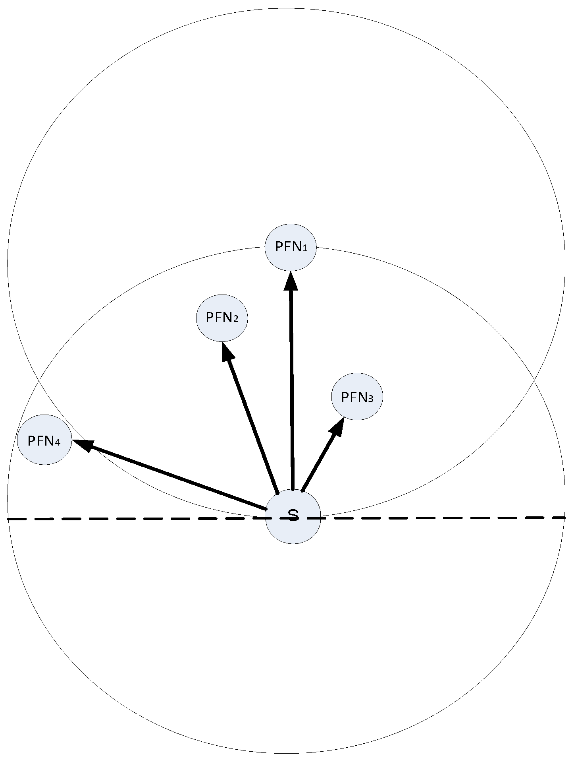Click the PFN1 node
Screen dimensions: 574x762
[291, 247]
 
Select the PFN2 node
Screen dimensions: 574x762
[222, 318]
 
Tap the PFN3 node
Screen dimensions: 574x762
[357, 397]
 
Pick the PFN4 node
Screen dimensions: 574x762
[44, 440]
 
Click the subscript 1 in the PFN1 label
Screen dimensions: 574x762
[305, 248]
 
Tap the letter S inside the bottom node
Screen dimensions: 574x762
[293, 515]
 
